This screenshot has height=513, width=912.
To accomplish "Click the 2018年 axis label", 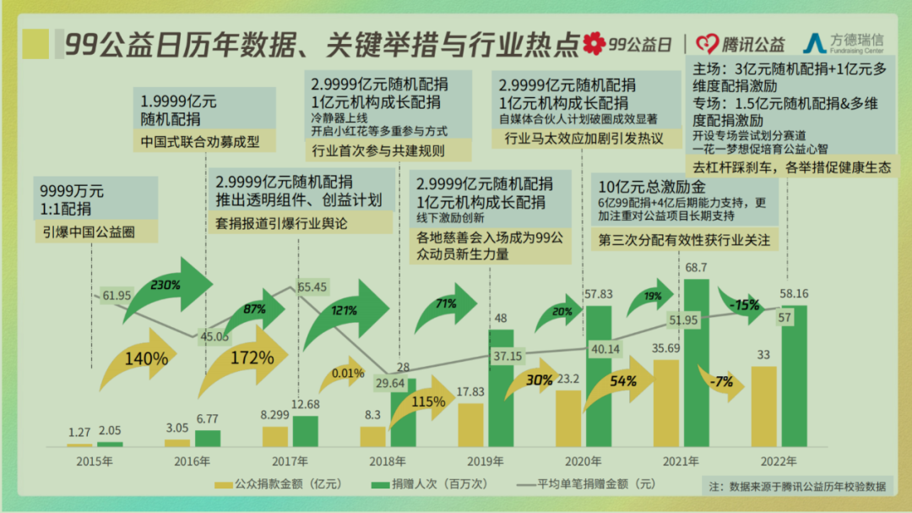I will (388, 461).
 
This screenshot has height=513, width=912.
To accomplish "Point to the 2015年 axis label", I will (94, 461).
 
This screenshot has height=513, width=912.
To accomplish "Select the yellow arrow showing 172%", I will (245, 359).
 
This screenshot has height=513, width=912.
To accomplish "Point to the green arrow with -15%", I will (744, 305).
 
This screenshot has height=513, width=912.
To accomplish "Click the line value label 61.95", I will (117, 295).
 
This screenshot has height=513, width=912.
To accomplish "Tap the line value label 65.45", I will (312, 287).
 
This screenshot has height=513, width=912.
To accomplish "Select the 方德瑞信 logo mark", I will (816, 43).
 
